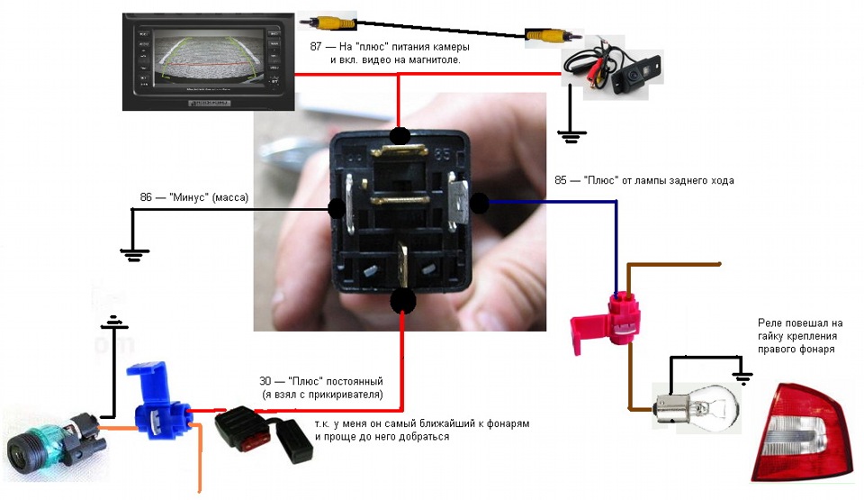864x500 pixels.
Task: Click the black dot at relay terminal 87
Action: pos(400,137)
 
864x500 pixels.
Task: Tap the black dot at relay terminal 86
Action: pos(337,210)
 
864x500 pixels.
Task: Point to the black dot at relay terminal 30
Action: pos(403,300)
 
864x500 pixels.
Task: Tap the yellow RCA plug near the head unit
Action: pos(329,23)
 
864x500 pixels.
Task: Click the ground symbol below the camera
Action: pos(569,136)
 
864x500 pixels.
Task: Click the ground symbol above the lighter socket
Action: pos(112,322)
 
